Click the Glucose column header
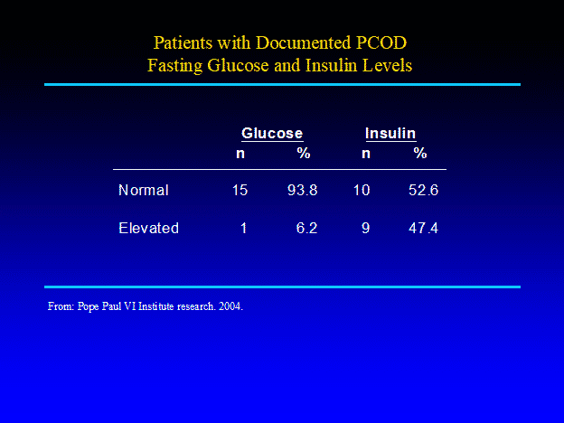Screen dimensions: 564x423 tap(272, 133)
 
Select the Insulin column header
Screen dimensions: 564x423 tap(390, 133)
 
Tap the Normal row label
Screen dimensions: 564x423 tap(144, 190)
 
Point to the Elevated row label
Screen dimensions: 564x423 tap(148, 228)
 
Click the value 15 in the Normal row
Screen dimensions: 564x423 tap(240, 190)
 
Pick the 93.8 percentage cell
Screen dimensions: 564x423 tap(303, 190)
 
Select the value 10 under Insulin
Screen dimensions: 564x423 tap(362, 190)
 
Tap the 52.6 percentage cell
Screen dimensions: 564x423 tap(423, 190)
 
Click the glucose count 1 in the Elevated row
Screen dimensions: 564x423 tap(243, 228)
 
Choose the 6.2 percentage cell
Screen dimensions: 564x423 tap(306, 228)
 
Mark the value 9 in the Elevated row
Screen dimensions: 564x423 tap(365, 228)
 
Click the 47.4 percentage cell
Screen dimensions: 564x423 tap(423, 228)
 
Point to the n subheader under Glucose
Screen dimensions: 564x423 tap(240, 154)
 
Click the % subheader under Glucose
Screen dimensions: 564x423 tap(304, 154)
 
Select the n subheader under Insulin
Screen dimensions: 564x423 tap(366, 154)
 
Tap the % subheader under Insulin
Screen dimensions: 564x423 tap(420, 154)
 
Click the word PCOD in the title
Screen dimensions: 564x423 tap(381, 42)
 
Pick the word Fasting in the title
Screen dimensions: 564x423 tap(174, 66)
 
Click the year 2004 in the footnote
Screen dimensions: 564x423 tap(230, 306)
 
